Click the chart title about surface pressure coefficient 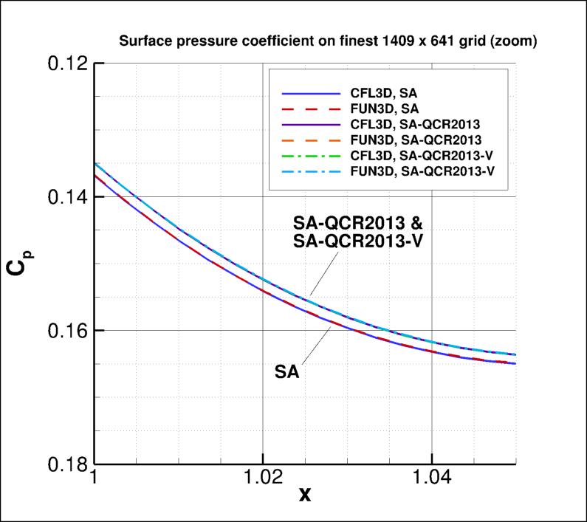328,42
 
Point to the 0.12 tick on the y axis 63,63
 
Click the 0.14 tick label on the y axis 63,197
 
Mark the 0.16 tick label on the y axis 63,331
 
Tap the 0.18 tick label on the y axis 63,464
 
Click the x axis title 305,495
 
